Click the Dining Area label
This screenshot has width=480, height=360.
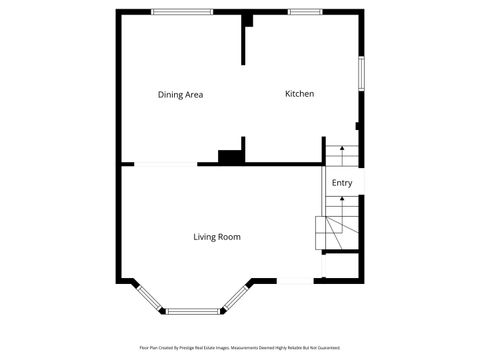click(181, 95)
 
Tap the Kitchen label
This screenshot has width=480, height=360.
click(300, 94)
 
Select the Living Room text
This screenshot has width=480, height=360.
click(217, 237)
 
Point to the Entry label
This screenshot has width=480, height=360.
click(342, 183)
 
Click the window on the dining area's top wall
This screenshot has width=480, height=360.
click(182, 12)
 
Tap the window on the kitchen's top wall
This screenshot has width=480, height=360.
click(304, 12)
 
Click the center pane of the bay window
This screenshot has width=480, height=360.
click(194, 311)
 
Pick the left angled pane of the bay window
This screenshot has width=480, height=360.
click(148, 298)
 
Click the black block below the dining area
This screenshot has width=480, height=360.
click(231, 157)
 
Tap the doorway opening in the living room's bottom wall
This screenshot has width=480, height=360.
click(297, 280)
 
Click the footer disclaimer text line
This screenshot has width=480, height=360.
click(240, 348)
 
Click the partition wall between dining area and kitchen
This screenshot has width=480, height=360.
click(243, 40)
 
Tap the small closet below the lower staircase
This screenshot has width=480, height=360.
click(341, 266)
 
